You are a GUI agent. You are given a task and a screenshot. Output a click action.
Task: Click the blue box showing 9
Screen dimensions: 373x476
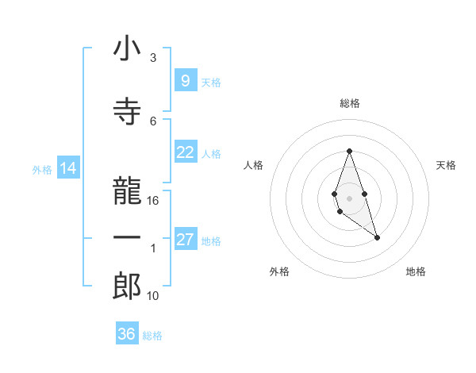[185, 80]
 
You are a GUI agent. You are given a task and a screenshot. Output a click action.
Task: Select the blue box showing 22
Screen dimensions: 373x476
[185, 152]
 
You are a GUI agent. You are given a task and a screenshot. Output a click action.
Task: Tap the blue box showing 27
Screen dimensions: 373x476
[185, 240]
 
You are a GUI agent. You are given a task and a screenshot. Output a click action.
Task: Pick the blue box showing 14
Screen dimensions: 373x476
[67, 168]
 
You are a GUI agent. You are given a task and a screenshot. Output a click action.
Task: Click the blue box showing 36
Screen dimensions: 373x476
[127, 334]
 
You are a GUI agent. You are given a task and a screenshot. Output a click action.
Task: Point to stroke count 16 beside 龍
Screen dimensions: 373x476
[153, 201]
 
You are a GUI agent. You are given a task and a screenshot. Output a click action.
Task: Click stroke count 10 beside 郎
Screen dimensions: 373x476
[153, 296]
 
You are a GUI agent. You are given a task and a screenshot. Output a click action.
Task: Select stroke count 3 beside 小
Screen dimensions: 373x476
[153, 58]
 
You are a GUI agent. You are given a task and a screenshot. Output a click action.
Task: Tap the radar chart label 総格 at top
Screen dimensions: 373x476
[349, 103]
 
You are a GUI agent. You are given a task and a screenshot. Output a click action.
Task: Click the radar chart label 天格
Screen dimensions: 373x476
[446, 165]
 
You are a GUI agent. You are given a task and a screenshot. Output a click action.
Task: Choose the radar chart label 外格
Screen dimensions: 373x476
[279, 271]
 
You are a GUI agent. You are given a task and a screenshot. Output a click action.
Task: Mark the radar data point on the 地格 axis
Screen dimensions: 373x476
[378, 237]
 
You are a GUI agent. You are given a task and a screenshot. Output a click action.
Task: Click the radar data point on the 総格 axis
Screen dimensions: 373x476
[349, 151]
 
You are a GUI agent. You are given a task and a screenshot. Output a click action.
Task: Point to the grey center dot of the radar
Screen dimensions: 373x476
[349, 198]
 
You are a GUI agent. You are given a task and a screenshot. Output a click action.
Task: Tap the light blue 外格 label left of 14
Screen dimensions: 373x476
[42, 169]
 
